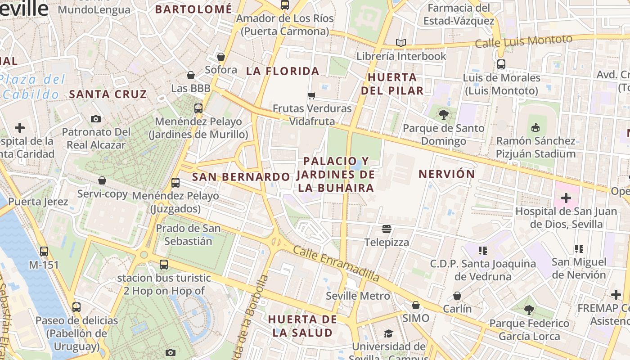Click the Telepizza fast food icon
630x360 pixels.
(x=386, y=229)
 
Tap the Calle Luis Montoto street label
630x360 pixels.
(x=523, y=41)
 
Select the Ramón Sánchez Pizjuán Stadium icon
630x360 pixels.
(x=535, y=128)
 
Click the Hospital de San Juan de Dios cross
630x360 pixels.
(x=566, y=198)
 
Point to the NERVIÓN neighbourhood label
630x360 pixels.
(x=446, y=174)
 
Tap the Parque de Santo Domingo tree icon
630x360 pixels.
(x=444, y=115)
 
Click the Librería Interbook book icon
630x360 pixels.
(x=400, y=43)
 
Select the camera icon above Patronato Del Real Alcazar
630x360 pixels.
(x=95, y=119)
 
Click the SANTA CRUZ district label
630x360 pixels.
(x=108, y=94)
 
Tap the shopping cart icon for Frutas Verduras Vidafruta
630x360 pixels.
(x=311, y=95)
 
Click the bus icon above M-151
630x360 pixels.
(x=44, y=252)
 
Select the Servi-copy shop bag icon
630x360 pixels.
(x=102, y=180)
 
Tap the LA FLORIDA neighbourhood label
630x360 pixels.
(x=283, y=71)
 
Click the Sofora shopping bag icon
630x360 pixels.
(x=220, y=57)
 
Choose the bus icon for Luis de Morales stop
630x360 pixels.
(x=501, y=64)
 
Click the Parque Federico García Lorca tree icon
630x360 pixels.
(x=529, y=310)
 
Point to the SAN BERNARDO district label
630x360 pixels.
(x=241, y=177)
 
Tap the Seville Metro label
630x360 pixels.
(x=358, y=296)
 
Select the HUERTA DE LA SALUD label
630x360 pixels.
(x=302, y=326)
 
